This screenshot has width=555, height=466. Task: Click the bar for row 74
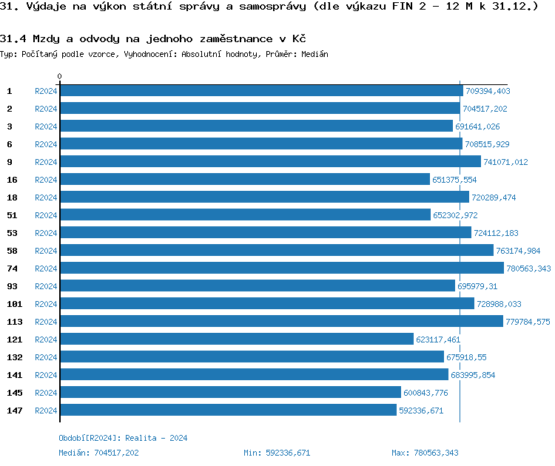tap(281, 268)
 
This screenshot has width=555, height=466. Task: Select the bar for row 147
tap(228, 410)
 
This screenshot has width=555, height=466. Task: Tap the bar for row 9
tap(270, 161)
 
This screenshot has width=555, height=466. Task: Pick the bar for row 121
tap(237, 339)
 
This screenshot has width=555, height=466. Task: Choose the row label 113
tap(14, 322)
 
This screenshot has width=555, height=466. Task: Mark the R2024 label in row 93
tap(46, 286)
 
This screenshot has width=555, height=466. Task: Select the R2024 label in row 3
tap(46, 126)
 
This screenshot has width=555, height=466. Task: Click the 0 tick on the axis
tap(59, 76)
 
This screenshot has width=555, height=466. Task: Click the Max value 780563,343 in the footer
tap(436, 452)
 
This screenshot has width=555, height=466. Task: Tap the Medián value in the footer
tap(116, 452)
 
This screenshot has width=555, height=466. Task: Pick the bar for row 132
tap(252, 357)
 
